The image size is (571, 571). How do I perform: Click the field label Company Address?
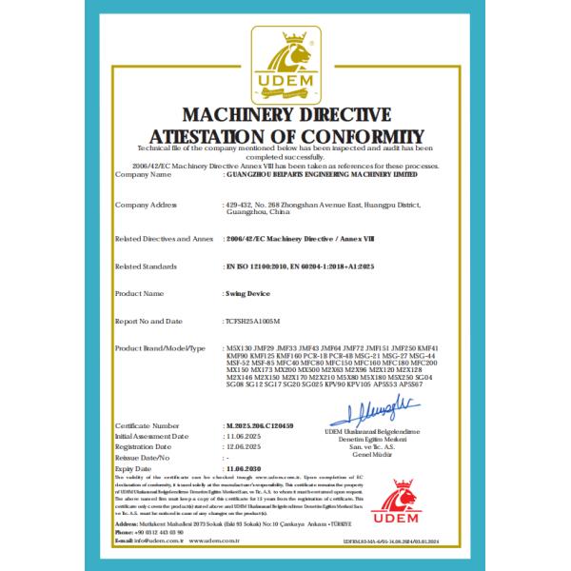[146, 205]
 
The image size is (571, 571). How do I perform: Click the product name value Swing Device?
[246, 294]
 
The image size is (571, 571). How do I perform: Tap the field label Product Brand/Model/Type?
[160, 349]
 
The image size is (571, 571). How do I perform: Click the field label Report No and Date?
[150, 322]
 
